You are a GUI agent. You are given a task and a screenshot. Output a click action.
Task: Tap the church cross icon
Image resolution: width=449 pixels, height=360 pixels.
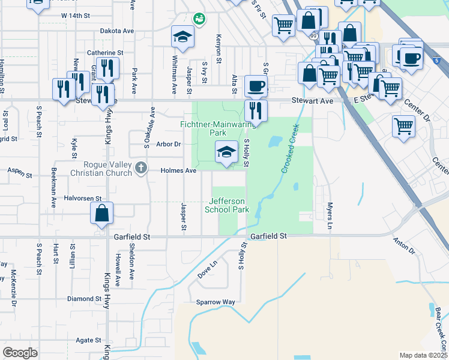pyautogui.click(x=141, y=167)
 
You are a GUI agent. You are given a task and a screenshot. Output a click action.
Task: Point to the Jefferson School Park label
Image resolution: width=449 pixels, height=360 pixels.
pyautogui.click(x=227, y=205)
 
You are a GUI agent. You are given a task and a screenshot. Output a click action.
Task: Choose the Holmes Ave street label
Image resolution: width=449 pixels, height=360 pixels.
pyautogui.click(x=179, y=170)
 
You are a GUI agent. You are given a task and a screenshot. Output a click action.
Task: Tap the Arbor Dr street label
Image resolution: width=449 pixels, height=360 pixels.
pyautogui.click(x=168, y=144)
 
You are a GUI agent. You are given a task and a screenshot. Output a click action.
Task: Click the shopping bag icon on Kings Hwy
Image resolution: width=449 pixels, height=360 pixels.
pyautogui.click(x=102, y=213)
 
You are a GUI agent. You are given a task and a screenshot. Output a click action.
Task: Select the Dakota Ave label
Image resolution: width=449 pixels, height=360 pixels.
pyautogui.click(x=116, y=31)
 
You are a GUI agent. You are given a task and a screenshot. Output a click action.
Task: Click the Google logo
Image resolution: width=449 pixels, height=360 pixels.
pyautogui.click(x=20, y=353)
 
